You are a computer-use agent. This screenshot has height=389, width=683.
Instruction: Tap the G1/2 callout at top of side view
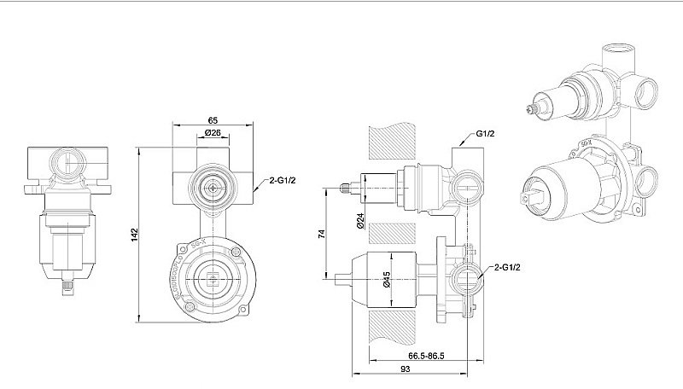tap(486, 135)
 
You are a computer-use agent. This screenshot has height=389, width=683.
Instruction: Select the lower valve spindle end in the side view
tap(339, 277)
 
